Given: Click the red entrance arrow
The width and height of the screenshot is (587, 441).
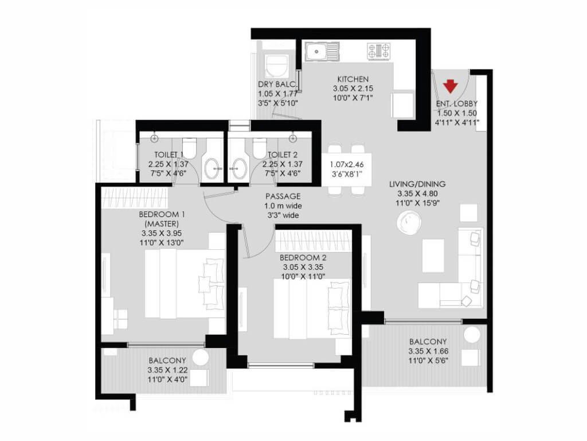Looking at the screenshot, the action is (x=451, y=86).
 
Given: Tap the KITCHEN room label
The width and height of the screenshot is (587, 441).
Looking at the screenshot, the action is (x=353, y=79).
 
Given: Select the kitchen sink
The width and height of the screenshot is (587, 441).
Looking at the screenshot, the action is (x=322, y=51).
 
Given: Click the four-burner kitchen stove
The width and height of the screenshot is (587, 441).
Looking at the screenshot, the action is (x=379, y=51).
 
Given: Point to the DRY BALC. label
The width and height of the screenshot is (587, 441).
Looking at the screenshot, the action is (x=277, y=84).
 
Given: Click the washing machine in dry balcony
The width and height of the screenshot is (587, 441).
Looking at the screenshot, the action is (x=277, y=66).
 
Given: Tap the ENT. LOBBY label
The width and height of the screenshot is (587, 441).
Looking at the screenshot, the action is (x=457, y=103).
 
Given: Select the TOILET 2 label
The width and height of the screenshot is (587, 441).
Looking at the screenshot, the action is (x=283, y=154).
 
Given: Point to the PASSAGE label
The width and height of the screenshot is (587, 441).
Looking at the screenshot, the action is (x=283, y=196).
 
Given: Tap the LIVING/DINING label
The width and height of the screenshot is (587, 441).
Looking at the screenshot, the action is (x=417, y=184).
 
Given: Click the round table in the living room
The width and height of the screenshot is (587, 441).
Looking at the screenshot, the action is (x=409, y=223).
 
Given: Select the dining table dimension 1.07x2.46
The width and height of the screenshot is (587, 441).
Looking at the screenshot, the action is (x=347, y=164).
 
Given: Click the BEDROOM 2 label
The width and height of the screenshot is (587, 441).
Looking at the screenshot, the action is (x=303, y=258).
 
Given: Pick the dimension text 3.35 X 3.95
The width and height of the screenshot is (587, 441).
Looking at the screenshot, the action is (x=162, y=233).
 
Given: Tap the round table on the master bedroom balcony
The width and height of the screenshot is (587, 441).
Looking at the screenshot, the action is (x=200, y=357).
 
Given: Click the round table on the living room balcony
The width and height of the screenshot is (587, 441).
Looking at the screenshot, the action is (x=472, y=335).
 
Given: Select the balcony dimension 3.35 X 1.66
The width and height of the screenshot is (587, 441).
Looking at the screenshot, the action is (x=428, y=351).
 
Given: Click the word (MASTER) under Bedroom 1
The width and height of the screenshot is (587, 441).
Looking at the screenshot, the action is (x=162, y=224).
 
